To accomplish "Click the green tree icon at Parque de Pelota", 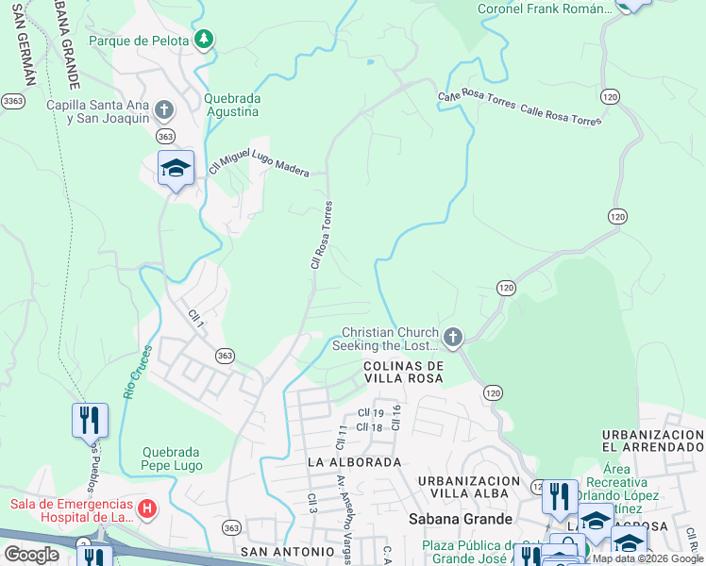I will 203,40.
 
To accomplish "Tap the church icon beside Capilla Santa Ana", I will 163,110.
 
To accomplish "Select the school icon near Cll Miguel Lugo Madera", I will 176,169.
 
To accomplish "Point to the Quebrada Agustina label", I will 232,105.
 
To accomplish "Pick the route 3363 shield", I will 13,100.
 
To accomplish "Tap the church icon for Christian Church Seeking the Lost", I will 453,338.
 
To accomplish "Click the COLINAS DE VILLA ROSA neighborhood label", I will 404,371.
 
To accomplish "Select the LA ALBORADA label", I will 355,462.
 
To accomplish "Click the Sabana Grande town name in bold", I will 460,519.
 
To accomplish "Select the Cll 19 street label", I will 370,413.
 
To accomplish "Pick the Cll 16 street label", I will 397,417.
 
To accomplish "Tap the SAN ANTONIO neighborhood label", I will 287,551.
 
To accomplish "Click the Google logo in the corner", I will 31,555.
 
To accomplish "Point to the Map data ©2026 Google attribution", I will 647,558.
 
